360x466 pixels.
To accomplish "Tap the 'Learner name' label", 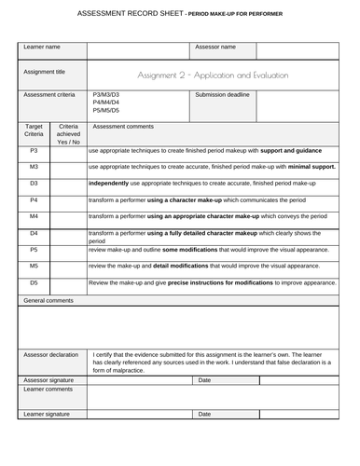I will click(x=42, y=47).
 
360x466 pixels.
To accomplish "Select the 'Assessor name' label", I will click(x=215, y=47).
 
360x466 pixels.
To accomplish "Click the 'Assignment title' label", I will click(x=45, y=71).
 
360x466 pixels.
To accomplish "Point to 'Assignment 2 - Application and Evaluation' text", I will click(x=213, y=75).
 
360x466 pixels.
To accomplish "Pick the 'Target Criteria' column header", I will click(x=35, y=130).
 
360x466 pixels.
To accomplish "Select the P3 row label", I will click(x=34, y=149).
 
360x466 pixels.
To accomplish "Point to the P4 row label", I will click(x=34, y=199).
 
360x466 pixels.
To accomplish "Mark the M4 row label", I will click(x=34, y=216).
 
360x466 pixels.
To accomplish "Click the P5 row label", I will click(x=34, y=250).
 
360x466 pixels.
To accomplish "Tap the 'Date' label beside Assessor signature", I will click(x=205, y=380).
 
